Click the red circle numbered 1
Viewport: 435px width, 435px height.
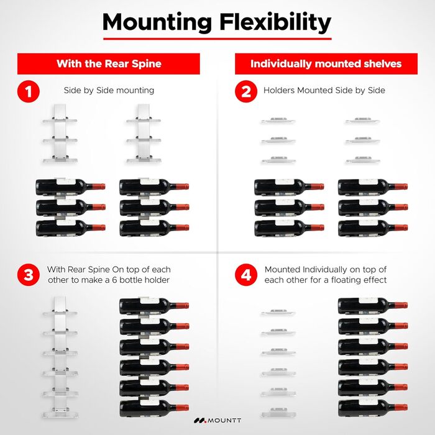(28, 92)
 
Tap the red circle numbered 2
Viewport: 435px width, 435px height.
(246, 92)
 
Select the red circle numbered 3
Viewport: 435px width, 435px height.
(28, 275)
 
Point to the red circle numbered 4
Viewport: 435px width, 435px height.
(246, 275)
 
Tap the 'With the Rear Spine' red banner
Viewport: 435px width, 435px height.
(108, 63)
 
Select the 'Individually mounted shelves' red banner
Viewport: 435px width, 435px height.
(326, 63)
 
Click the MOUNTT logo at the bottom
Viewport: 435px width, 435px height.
(217, 419)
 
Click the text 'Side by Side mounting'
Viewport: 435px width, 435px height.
(109, 90)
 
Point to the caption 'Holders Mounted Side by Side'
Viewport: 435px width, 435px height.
(324, 90)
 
